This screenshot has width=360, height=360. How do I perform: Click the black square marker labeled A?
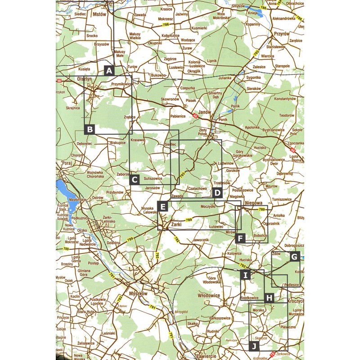[108, 70]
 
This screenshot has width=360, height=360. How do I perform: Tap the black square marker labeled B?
[90, 130]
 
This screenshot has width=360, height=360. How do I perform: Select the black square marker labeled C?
[134, 180]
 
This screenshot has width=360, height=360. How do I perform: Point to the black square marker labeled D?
[217, 193]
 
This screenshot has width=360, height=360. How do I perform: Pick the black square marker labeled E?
[163, 207]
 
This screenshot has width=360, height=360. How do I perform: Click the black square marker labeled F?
[240, 238]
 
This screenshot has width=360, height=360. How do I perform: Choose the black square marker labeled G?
[295, 257]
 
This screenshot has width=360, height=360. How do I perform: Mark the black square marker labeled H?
[269, 297]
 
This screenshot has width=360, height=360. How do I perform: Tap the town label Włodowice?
[209, 296]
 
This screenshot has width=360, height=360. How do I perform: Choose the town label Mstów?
[99, 14]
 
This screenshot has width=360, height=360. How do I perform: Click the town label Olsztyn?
[84, 78]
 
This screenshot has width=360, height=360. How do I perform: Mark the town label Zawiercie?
[207, 356]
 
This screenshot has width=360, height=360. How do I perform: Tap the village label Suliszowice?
[153, 179]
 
